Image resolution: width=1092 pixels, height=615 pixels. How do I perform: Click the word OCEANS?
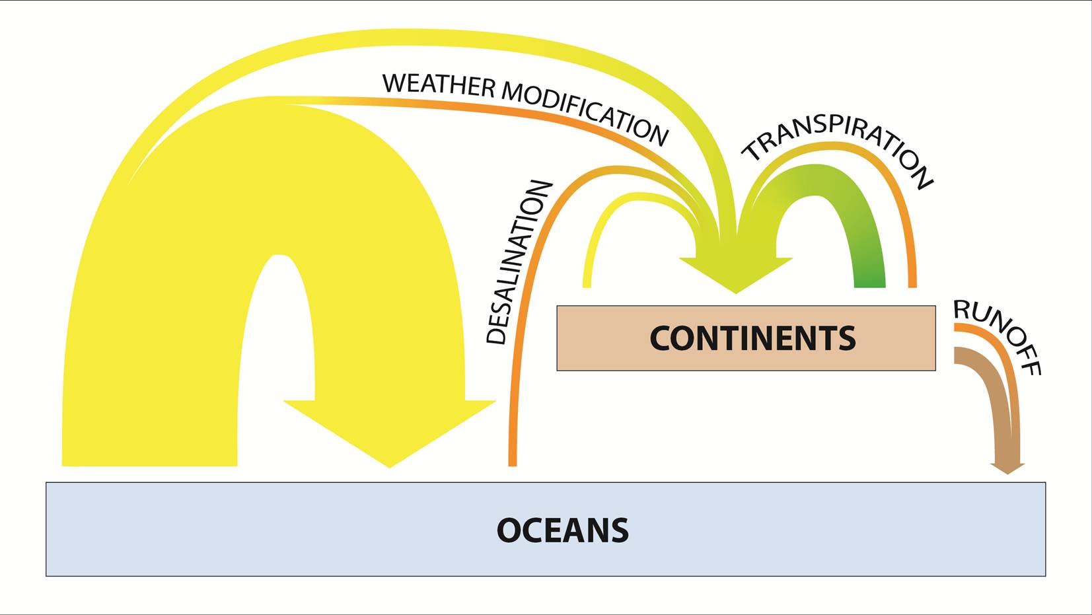click(562, 530)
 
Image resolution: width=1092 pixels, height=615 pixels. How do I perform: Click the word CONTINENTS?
click(752, 338)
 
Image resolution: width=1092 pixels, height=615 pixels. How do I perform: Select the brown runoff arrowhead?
click(1007, 468)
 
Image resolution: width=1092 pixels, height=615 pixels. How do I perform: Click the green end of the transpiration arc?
click(869, 277)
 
